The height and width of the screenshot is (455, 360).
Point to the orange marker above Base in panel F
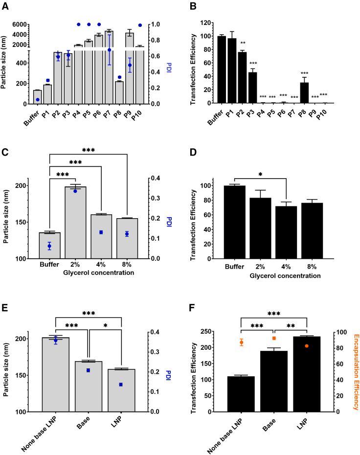point(274,338)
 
